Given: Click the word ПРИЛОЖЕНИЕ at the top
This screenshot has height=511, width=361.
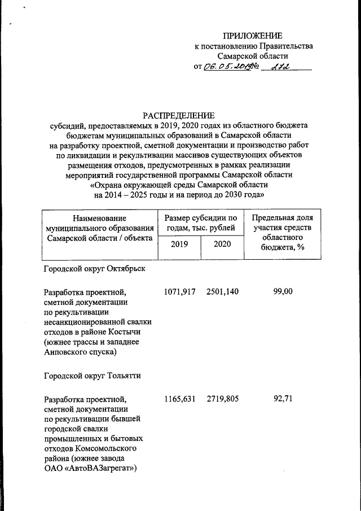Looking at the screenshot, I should (253, 36).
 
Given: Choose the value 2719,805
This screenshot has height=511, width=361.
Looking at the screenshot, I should (222, 399).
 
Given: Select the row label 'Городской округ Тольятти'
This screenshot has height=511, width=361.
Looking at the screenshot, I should (92, 375).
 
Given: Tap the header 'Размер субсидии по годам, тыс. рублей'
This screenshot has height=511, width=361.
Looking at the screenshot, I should (200, 222).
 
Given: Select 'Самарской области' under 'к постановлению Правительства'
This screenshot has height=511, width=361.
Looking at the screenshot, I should (253, 56).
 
